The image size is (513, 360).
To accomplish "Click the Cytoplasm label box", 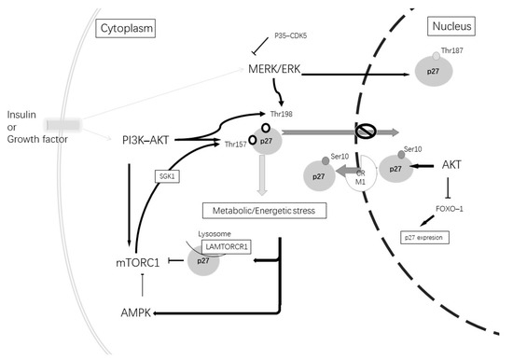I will point(125,29).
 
